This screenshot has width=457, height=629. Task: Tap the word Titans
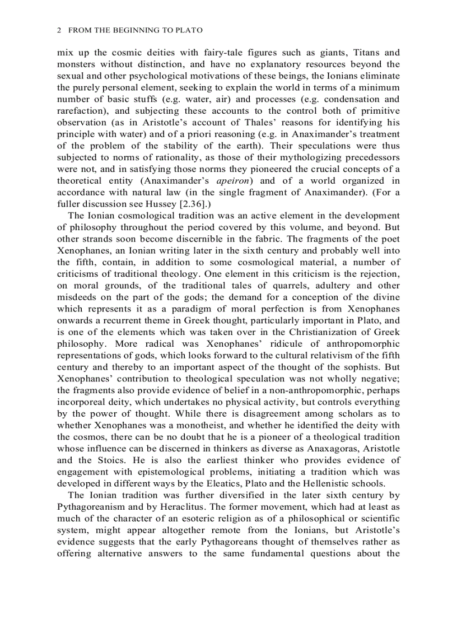(368, 53)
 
